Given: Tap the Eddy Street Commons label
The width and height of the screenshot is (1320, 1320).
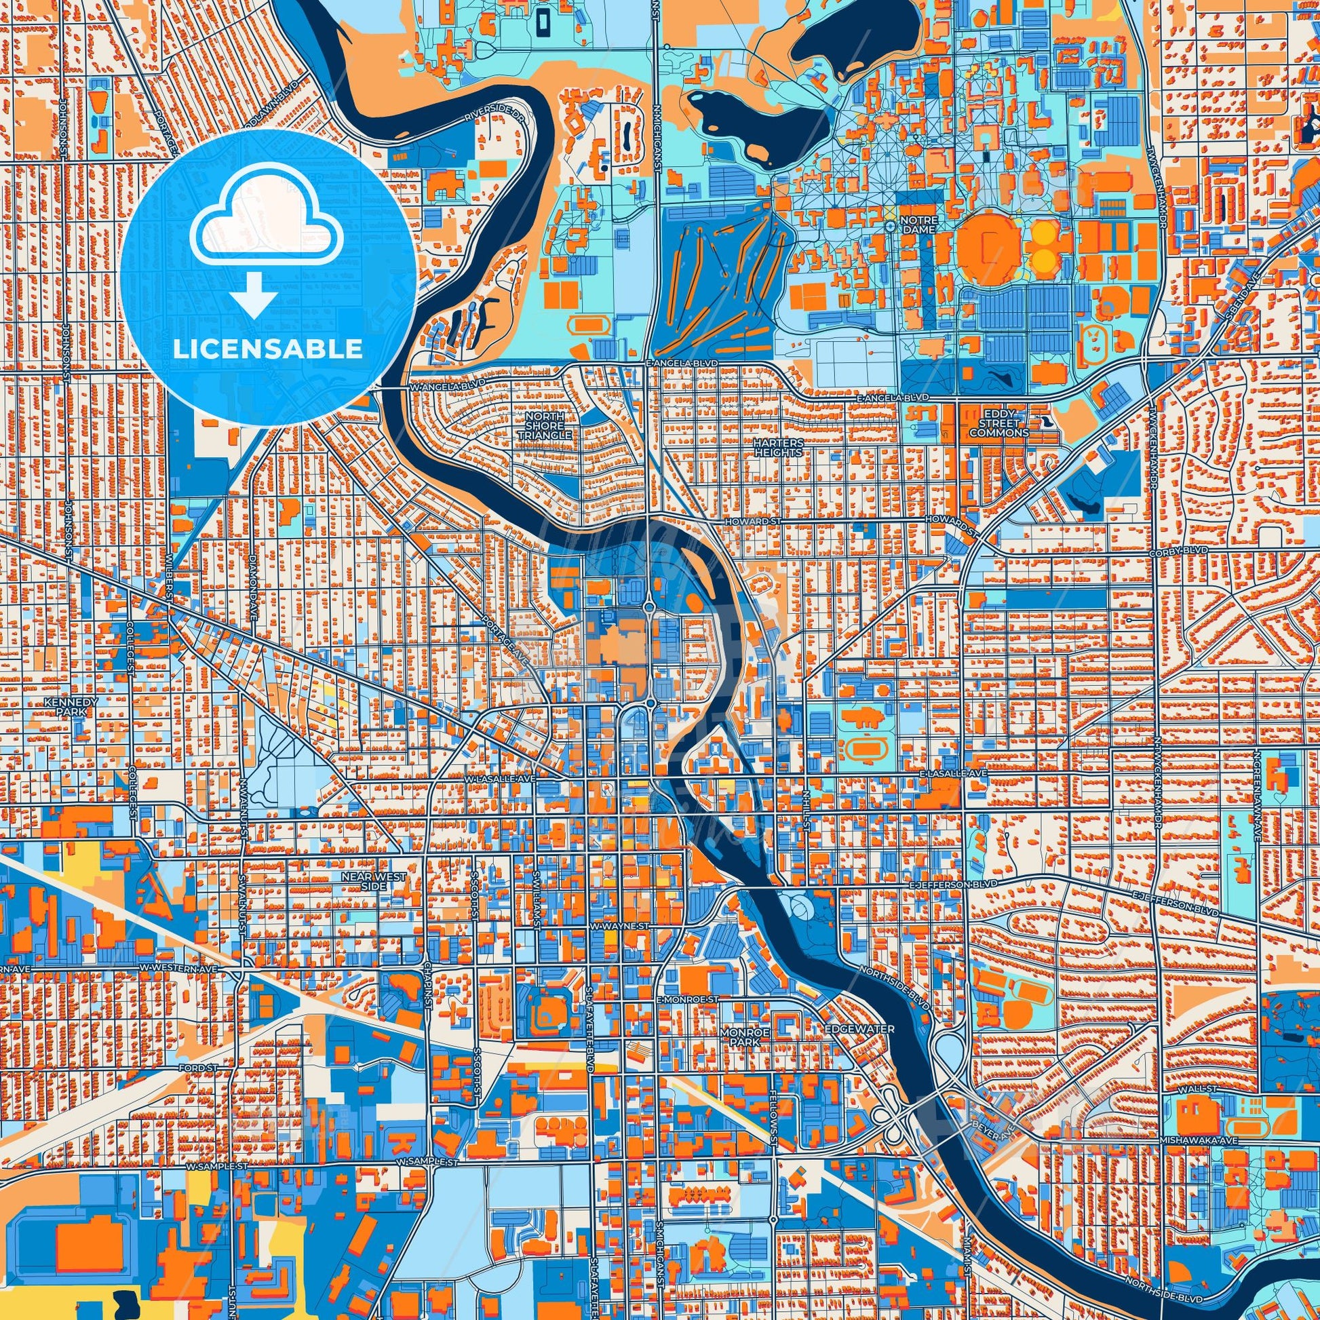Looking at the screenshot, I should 998,423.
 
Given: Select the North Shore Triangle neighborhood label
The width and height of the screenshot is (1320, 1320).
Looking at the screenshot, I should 544,426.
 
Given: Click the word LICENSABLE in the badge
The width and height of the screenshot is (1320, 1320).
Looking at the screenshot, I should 267,349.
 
